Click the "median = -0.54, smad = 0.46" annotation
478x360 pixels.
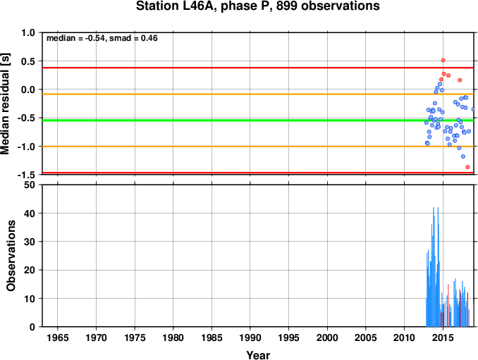[102, 38]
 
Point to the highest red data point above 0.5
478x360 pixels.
[443, 61]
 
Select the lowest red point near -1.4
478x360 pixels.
[467, 167]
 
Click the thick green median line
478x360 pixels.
[258, 120]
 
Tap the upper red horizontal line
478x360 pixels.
[258, 68]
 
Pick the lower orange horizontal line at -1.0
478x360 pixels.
[258, 147]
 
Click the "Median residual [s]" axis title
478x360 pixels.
[5, 104]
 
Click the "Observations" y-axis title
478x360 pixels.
[11, 256]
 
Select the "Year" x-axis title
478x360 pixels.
[258, 355]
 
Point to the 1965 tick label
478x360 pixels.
[58, 337]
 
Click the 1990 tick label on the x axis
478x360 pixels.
[250, 337]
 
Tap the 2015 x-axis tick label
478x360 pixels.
[443, 337]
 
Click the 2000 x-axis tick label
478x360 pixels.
[327, 337]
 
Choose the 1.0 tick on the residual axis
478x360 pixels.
[28, 32]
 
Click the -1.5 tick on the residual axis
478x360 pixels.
[26, 175]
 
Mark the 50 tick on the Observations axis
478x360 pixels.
[30, 185]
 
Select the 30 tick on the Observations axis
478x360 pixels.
[30, 242]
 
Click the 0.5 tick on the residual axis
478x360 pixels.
[28, 61]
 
